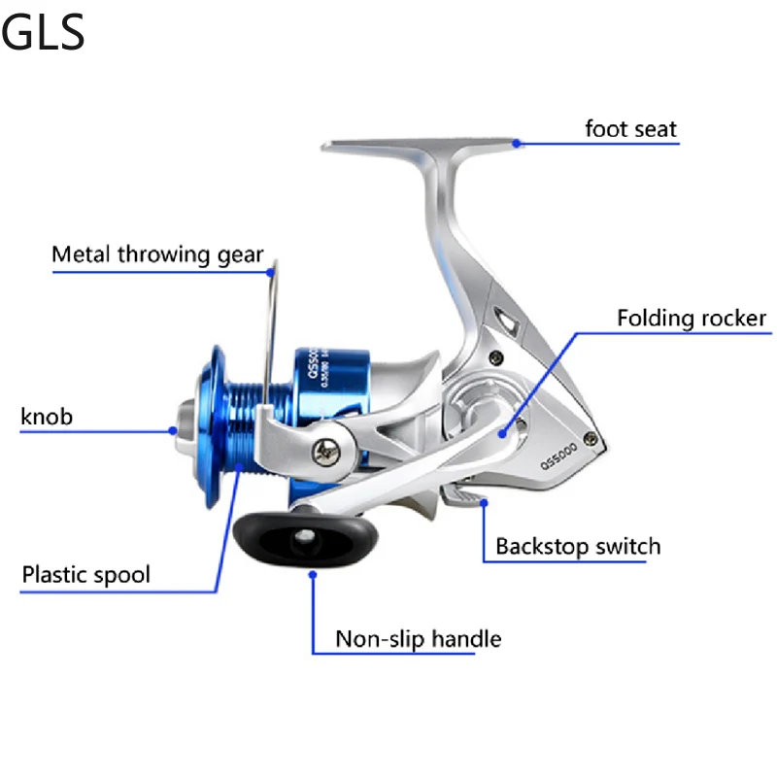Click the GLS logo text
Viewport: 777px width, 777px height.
(x=44, y=31)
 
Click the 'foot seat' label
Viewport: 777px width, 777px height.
(x=630, y=128)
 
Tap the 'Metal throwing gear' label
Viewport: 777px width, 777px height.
(x=157, y=254)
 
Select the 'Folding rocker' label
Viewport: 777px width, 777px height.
(x=692, y=319)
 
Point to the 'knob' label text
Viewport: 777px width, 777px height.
(x=47, y=418)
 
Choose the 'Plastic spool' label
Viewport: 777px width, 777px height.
(x=86, y=574)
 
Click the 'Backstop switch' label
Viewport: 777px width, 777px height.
(x=578, y=546)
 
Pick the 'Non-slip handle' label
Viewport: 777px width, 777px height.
(x=418, y=639)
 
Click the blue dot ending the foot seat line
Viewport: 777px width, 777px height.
(x=518, y=144)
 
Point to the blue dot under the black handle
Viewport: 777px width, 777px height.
(x=313, y=575)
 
